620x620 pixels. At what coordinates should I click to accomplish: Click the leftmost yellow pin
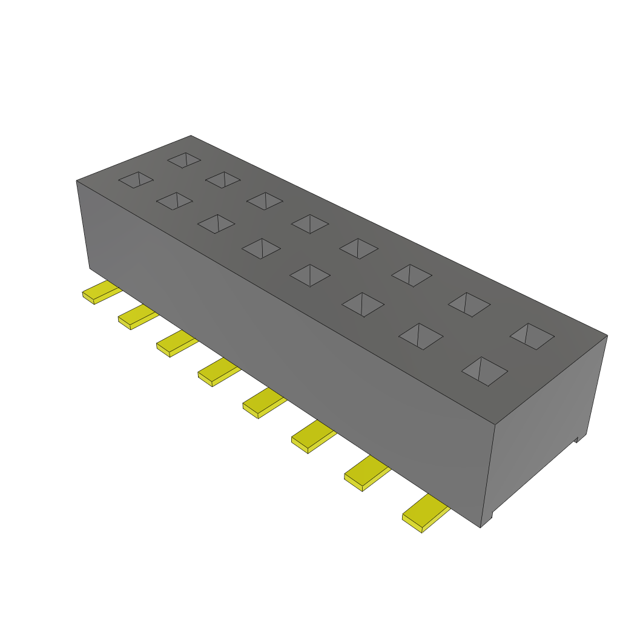pyautogui.click(x=99, y=292)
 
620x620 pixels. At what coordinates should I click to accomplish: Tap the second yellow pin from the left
pyautogui.click(x=137, y=317)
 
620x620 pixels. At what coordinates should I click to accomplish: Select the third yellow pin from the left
pyautogui.click(x=176, y=344)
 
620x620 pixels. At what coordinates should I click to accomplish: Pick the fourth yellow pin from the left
pyautogui.click(x=217, y=372)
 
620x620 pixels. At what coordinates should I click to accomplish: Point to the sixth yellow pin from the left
pyautogui.click(x=312, y=437)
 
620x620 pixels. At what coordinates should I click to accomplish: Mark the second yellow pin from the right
pyautogui.click(x=366, y=473)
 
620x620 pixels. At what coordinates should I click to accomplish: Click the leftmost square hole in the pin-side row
pyautogui.click(x=136, y=179)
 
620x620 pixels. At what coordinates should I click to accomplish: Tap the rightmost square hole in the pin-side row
pyautogui.click(x=484, y=371)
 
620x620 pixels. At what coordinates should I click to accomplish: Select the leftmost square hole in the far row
pyautogui.click(x=184, y=160)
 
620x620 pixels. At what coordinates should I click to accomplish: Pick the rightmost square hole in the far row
pyautogui.click(x=532, y=336)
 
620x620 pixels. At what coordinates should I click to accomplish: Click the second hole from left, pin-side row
pyautogui.click(x=174, y=201)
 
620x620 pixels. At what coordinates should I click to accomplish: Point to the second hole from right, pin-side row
pyautogui.click(x=421, y=336)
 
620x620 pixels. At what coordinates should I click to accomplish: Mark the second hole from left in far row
pyautogui.click(x=223, y=179)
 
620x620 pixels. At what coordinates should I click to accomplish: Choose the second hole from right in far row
pyautogui.click(x=469, y=304)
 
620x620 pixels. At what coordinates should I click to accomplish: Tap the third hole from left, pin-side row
pyautogui.click(x=216, y=223)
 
